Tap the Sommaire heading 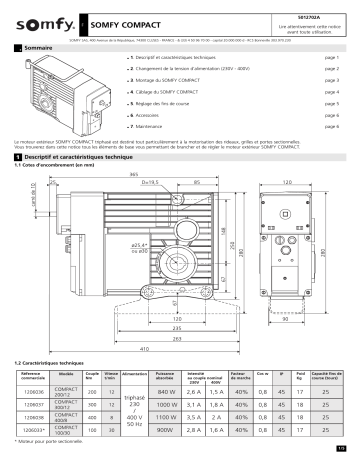pyautogui.click(x=40, y=48)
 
